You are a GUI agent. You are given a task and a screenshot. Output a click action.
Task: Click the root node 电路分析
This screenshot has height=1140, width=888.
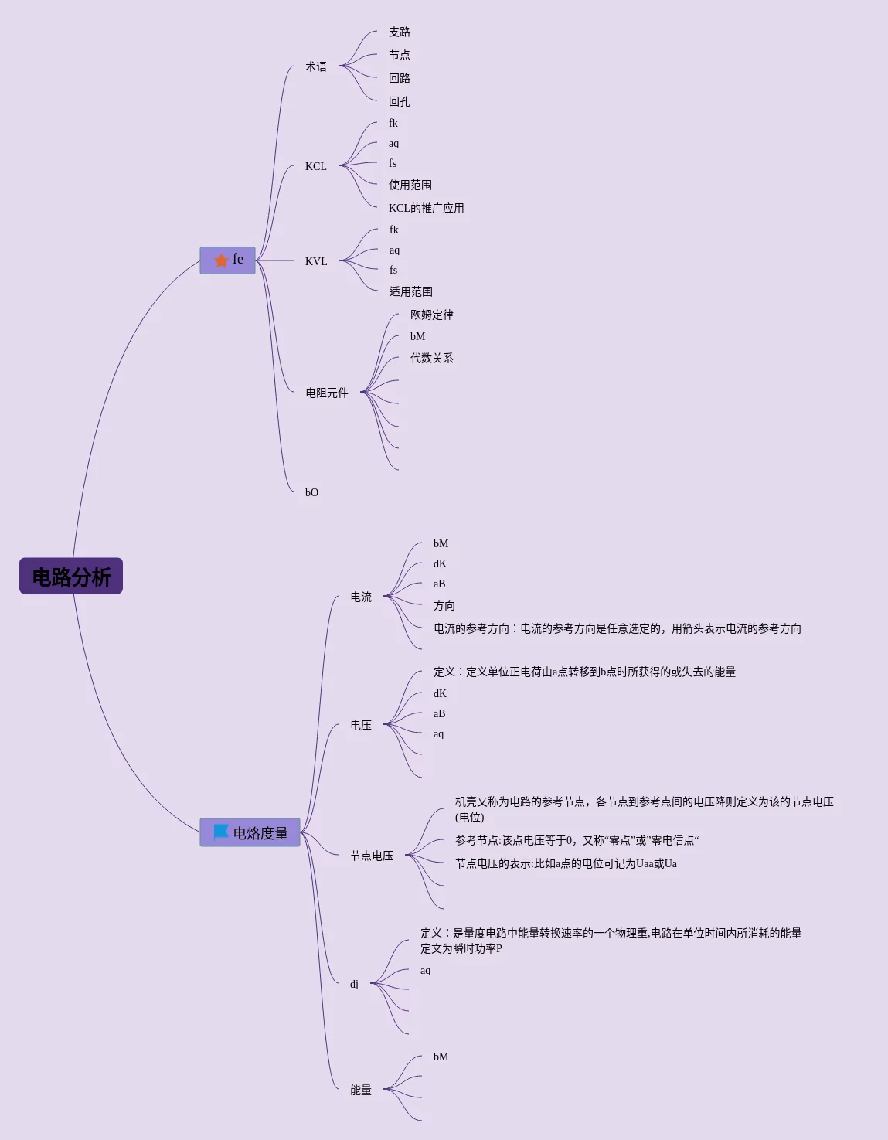[71, 577]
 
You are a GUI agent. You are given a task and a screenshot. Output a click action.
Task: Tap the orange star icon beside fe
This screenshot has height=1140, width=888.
[221, 260]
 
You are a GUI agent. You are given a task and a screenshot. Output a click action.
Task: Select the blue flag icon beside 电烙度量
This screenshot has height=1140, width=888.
[221, 832]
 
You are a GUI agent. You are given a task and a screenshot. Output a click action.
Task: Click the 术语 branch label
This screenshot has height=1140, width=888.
[316, 66]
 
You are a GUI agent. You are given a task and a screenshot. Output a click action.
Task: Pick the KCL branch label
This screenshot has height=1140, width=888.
[315, 166]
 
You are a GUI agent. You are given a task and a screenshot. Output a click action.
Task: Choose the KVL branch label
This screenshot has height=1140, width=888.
[316, 261]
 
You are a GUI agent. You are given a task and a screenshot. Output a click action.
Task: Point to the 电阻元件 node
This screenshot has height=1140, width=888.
[327, 393]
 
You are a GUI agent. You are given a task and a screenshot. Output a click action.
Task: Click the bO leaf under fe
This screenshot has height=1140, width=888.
[311, 492]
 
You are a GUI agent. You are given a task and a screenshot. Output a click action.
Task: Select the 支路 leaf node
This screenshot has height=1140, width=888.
[400, 32]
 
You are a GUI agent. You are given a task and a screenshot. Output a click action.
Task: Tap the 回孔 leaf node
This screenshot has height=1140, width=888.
[400, 101]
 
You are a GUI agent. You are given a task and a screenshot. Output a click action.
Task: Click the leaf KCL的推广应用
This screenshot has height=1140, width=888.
[426, 208]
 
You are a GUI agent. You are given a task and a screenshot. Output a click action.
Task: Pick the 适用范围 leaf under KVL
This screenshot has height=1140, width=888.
[411, 291]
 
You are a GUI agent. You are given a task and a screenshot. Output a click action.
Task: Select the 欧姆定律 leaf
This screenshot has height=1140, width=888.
[432, 315]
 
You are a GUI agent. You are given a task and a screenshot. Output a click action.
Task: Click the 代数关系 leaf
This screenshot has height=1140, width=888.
[432, 358]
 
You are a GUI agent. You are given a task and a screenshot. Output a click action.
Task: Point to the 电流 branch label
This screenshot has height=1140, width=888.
[361, 597]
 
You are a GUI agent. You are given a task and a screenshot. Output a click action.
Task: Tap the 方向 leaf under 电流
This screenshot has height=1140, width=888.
[444, 605]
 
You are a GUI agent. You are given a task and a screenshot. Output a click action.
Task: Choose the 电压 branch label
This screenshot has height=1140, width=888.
[361, 725]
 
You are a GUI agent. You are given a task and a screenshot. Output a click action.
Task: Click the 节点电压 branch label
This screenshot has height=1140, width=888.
[372, 856]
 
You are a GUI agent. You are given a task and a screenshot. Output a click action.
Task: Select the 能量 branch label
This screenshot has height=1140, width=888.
[361, 1090]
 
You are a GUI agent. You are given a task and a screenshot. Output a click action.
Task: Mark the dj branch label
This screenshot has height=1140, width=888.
[354, 984]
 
